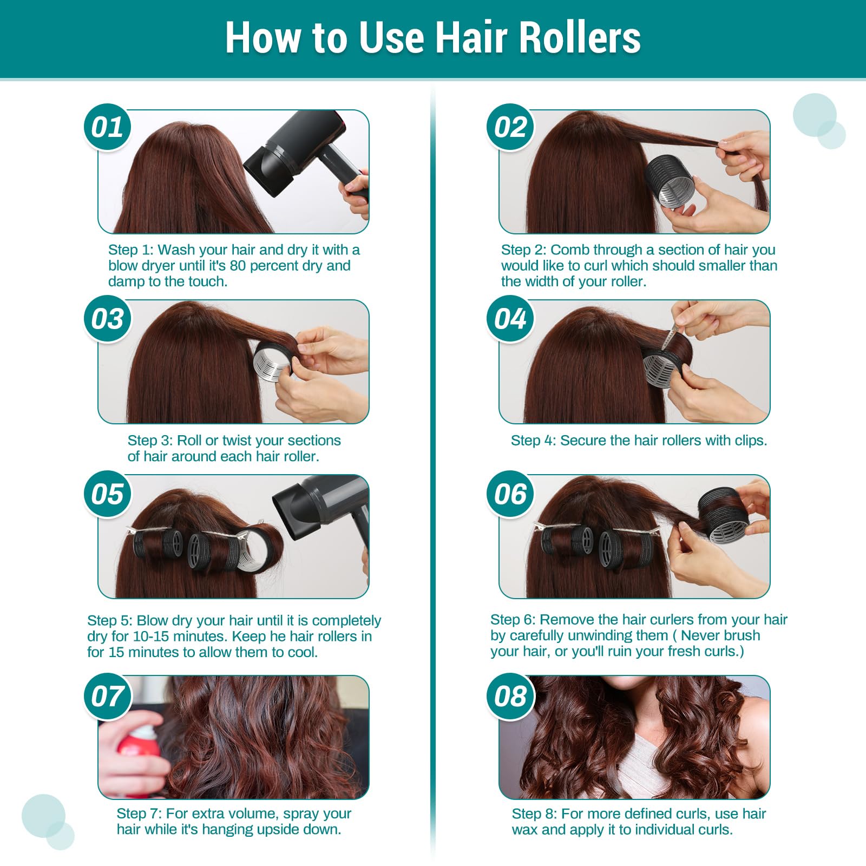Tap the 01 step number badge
point(107,128)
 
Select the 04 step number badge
point(510,319)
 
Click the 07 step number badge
point(107,697)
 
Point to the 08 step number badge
point(510,697)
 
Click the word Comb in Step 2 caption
point(569,250)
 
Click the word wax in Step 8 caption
point(524,830)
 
